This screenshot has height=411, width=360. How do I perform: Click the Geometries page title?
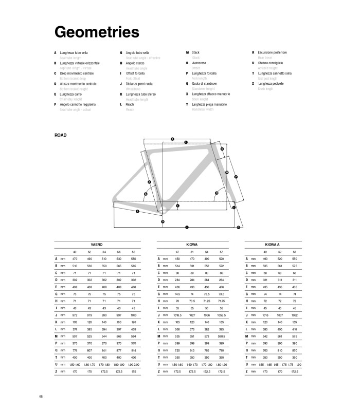pyautogui.click(x=97, y=32)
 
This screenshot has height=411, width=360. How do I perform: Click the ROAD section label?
pyautogui.click(x=61, y=135)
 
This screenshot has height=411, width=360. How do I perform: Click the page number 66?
pyautogui.click(x=41, y=396)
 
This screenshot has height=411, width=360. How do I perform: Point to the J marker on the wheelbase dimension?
pyautogui.click(x=187, y=227)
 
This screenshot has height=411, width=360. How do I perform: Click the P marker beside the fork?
pyautogui.click(x=236, y=177)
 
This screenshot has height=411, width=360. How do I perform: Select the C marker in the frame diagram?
pyautogui.click(x=177, y=206)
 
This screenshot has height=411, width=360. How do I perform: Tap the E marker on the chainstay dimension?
pyautogui.click(x=137, y=211)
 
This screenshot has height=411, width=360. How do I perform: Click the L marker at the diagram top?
pyautogui.click(x=185, y=142)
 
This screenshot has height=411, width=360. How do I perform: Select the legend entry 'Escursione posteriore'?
pyautogui.click(x=273, y=53)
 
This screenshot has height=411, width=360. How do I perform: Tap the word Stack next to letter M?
pyautogui.click(x=195, y=53)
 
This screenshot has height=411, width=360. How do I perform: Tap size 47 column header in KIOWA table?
pyautogui.click(x=177, y=252)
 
